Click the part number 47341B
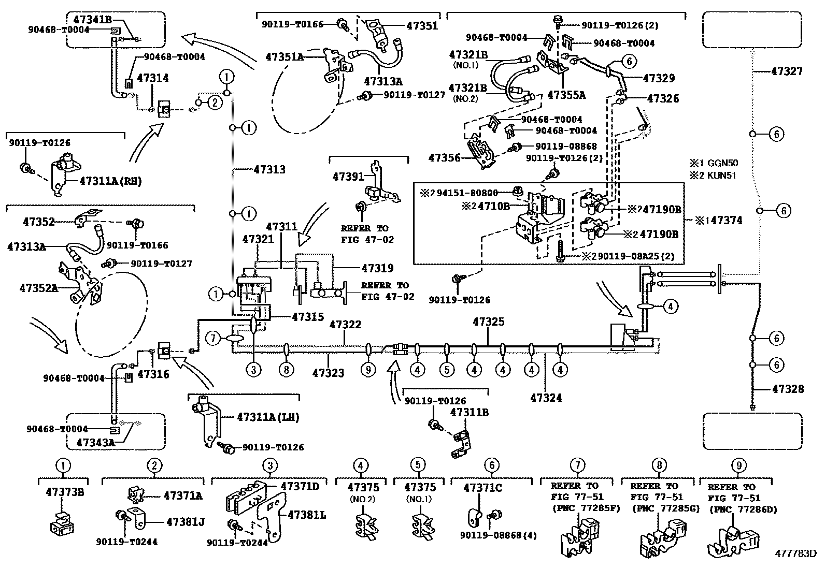point(92,20)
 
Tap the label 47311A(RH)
point(110,181)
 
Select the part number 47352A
point(39,288)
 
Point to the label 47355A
point(566,95)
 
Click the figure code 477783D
point(796,554)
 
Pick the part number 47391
point(348,177)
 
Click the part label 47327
point(787,71)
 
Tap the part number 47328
point(788,389)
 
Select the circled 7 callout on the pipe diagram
point(213,339)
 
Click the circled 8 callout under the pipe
point(287,370)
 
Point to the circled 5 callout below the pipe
point(447,370)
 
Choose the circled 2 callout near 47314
point(215,103)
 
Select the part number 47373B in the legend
point(65,492)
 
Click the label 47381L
point(307,515)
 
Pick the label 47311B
point(470,412)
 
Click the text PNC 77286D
point(744,510)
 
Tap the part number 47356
point(444,158)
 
